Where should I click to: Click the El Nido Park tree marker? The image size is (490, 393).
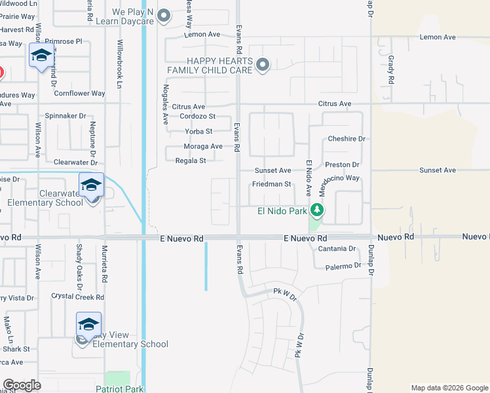point(317,210)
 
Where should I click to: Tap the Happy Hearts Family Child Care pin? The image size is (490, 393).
point(263,64)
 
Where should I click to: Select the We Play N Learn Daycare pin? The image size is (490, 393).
point(164,14)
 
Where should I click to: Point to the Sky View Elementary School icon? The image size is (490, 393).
point(89,324)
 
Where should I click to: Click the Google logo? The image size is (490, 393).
point(22,385)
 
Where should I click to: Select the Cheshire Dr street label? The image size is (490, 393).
point(347,139)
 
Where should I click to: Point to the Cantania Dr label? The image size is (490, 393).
point(336,249)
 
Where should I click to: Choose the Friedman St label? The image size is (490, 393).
point(271,185)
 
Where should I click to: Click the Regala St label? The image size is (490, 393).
point(191,160)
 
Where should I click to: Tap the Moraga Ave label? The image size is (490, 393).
point(203,146)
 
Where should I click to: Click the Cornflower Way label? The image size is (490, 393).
point(79,94)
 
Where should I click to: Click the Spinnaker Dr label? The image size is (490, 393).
point(65,116)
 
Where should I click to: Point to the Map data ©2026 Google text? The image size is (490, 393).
point(449,388)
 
